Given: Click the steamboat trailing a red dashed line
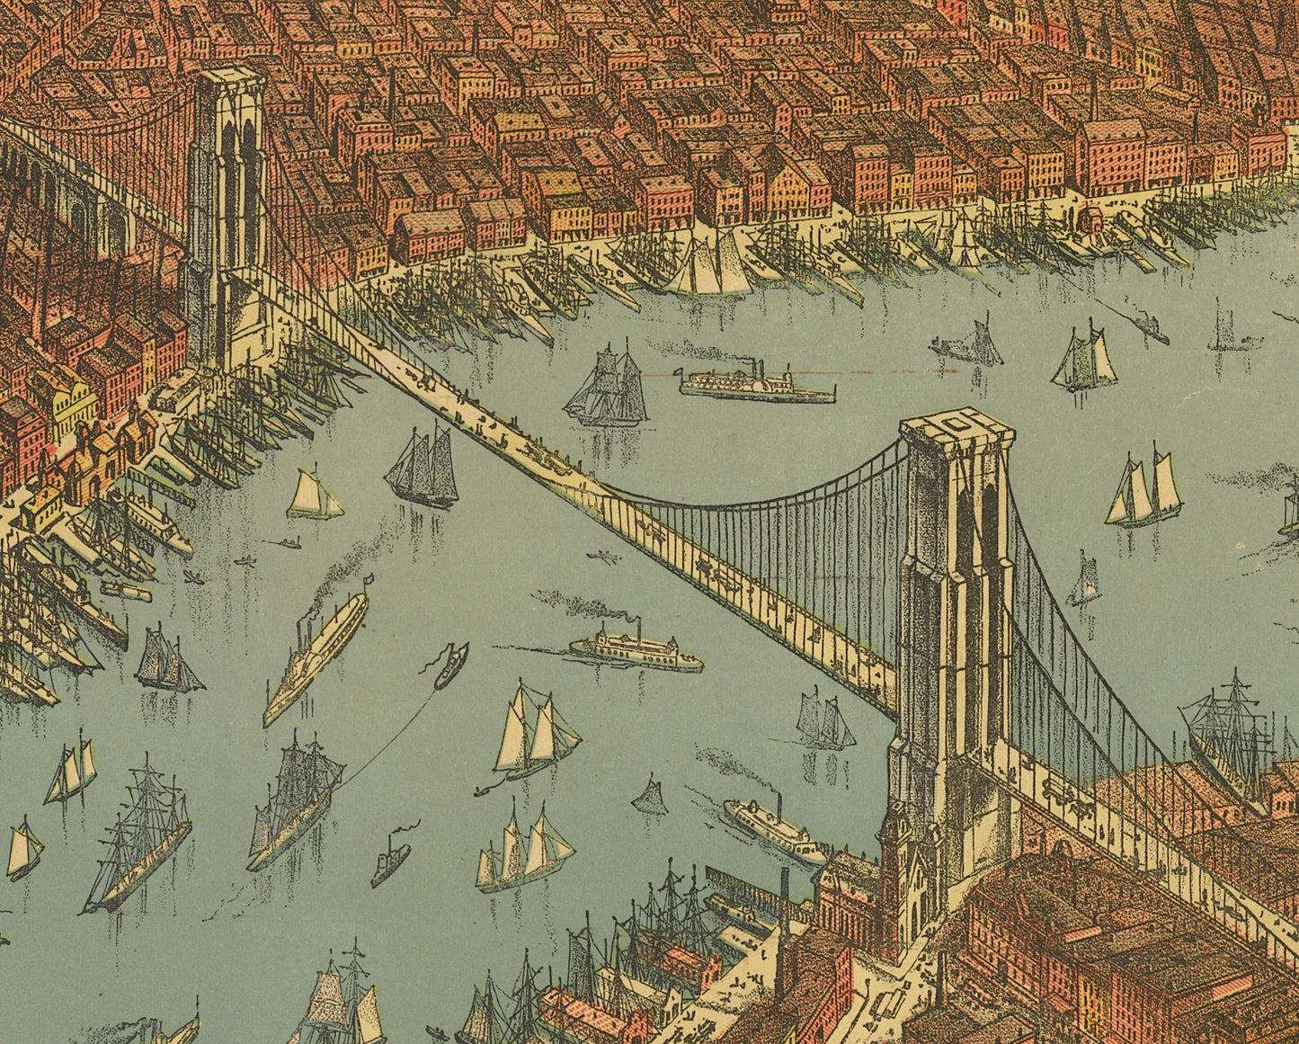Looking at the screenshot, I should pos(757,384).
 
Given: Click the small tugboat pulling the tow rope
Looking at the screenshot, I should pos(450,664).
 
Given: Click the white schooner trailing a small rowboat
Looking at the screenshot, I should pos(535,733).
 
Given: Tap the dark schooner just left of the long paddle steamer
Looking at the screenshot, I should pos(167,661).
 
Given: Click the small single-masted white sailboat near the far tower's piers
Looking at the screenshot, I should pos(314,495).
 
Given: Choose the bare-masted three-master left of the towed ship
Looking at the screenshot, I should pos(139,836).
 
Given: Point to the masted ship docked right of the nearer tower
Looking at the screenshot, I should pos(1229,728).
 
